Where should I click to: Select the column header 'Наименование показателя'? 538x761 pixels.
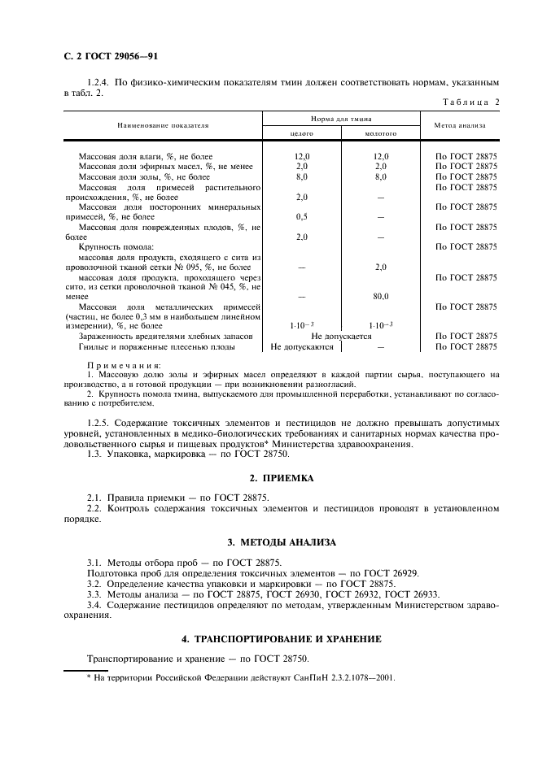163,125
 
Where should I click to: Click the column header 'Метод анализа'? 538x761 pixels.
460,125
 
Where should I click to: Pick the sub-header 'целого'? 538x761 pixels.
302,133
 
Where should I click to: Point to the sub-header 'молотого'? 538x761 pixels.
380,133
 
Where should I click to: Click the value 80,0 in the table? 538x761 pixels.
380,297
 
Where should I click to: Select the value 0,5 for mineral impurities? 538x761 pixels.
302,217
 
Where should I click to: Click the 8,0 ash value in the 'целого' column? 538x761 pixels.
302,176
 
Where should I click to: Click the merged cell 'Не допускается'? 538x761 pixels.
341,336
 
